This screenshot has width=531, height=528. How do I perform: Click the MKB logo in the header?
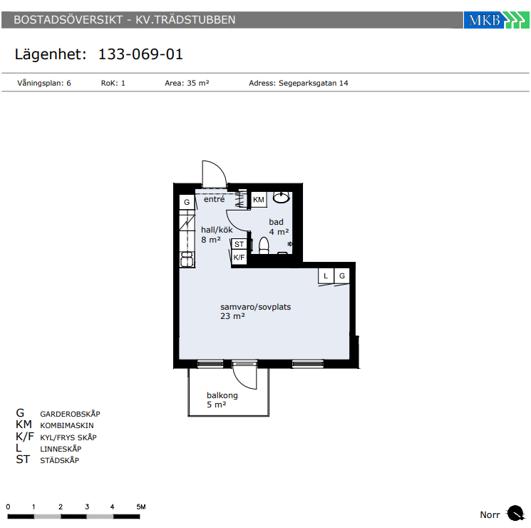[496, 20]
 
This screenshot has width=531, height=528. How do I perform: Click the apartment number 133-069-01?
[140, 54]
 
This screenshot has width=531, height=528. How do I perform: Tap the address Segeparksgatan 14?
[313, 83]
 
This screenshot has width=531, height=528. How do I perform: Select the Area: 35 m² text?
[187, 83]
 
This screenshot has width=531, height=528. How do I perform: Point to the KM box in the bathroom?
[259, 199]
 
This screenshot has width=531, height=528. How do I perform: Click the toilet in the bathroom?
[264, 245]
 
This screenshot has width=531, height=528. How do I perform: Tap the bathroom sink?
[281, 198]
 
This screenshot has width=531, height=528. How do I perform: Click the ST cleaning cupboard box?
[239, 244]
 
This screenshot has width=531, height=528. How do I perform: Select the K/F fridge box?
[239, 257]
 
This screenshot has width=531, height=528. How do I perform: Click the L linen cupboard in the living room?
[326, 276]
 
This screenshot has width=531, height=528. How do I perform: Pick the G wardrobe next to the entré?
[187, 202]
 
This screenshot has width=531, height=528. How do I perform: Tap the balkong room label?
[222, 395]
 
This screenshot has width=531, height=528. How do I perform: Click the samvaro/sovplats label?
[256, 307]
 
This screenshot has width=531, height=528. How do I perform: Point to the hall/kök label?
[217, 230]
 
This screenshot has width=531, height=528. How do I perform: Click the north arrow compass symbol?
[515, 513]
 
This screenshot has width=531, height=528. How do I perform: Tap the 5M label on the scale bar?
[141, 507]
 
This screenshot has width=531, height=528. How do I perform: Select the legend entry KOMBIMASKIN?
[67, 425]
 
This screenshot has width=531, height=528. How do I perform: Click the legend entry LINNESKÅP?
[61, 449]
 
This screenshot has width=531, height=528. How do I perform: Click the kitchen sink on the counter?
[187, 260]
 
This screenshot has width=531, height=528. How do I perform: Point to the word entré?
[214, 199]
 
